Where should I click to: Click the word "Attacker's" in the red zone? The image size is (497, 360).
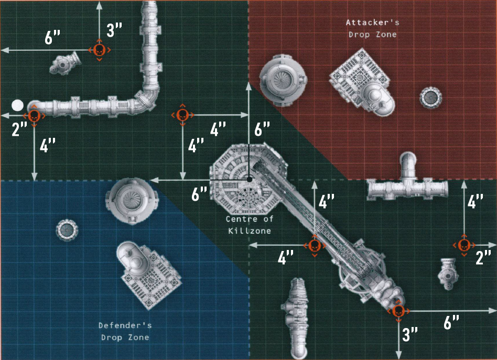pyautogui.click(x=372, y=23)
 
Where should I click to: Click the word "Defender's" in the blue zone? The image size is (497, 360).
pyautogui.click(x=125, y=325)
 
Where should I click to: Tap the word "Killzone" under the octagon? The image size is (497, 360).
pyautogui.click(x=250, y=231)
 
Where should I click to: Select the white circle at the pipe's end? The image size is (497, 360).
pyautogui.click(x=17, y=105)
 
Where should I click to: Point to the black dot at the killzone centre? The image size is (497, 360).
pyautogui.click(x=250, y=179)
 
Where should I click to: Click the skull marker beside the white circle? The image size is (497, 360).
pyautogui.click(x=34, y=116)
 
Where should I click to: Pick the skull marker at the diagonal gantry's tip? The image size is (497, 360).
pyautogui.click(x=398, y=311)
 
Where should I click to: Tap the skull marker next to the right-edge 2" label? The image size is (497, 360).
pyautogui.click(x=464, y=245)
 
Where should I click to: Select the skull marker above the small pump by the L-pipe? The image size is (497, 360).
pyautogui.click(x=99, y=50)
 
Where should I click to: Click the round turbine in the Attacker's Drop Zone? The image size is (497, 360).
pyautogui.click(x=283, y=80)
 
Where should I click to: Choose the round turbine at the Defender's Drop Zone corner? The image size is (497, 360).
pyautogui.click(x=131, y=201)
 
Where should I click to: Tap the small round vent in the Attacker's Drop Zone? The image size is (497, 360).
pyautogui.click(x=431, y=97)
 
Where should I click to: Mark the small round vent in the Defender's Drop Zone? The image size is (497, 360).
pyautogui.click(x=67, y=230)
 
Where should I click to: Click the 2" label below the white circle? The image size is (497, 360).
pyautogui.click(x=19, y=129)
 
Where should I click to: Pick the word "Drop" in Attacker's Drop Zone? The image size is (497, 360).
pyautogui.click(x=360, y=35)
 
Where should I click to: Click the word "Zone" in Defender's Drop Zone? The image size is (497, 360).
pyautogui.click(x=138, y=337)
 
